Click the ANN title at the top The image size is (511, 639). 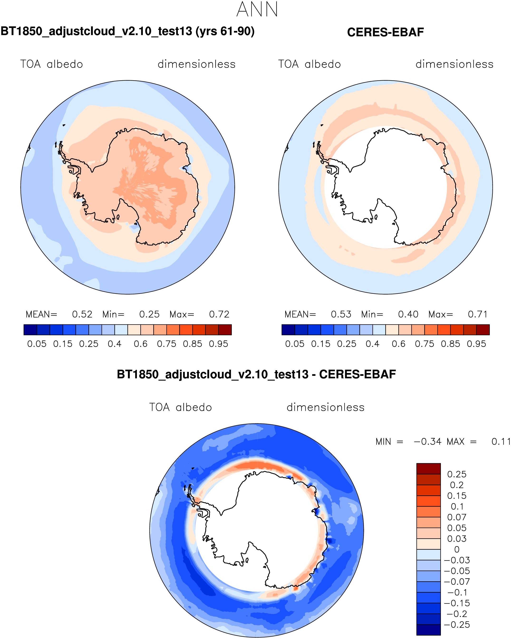(257, 9)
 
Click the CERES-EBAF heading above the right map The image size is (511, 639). (385, 32)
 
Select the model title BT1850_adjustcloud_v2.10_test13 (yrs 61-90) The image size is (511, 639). (128, 31)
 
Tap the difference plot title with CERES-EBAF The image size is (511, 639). (256, 374)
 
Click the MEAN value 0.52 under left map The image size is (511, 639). (82, 314)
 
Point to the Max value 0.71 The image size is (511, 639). (477, 314)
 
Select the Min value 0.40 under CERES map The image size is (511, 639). (408, 314)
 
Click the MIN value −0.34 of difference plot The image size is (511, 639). (427, 442)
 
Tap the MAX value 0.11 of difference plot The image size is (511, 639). (501, 442)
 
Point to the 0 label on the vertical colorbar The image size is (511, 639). (457, 549)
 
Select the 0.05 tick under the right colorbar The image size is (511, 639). (294, 344)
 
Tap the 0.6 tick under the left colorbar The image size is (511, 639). (140, 344)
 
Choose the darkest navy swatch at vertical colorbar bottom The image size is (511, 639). (428, 630)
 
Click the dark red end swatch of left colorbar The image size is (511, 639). (225, 330)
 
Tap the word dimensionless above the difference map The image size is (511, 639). (325, 407)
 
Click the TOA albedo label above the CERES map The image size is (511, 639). (309, 64)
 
